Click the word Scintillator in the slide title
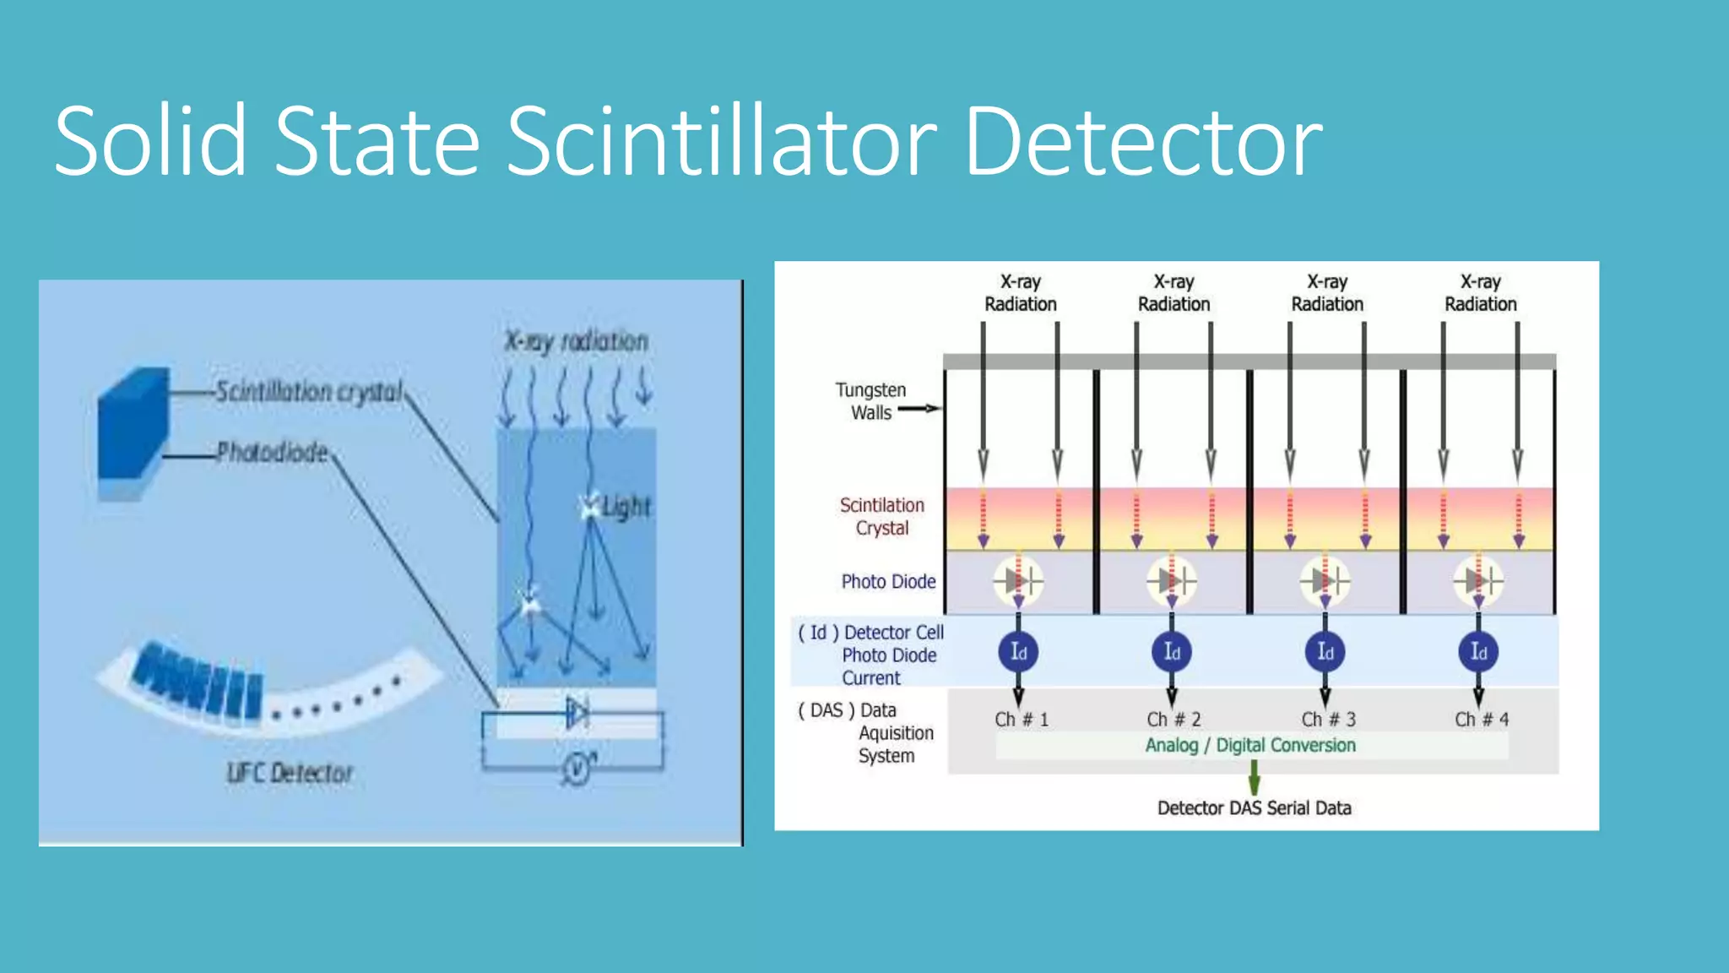pos(722,140)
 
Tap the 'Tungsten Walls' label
pos(870,401)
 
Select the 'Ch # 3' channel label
pos(1328,720)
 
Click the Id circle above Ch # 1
pos(1018,652)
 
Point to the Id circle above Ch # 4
pos(1478,652)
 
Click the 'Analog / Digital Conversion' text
pos(1250,745)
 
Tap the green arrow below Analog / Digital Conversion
pos(1254,776)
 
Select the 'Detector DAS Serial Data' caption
pos(1254,808)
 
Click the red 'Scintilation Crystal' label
pos(881,516)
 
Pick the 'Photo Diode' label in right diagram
pos(888,581)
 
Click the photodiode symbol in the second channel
pos(1172,581)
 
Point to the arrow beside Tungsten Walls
pos(919,409)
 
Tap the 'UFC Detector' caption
pos(290,773)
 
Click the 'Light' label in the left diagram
pos(626,507)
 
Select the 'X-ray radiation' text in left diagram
pos(576,341)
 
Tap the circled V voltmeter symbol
pos(577,768)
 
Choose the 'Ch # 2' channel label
pos(1173,720)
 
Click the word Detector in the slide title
pos(1143,140)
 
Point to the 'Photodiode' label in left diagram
pos(272,453)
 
